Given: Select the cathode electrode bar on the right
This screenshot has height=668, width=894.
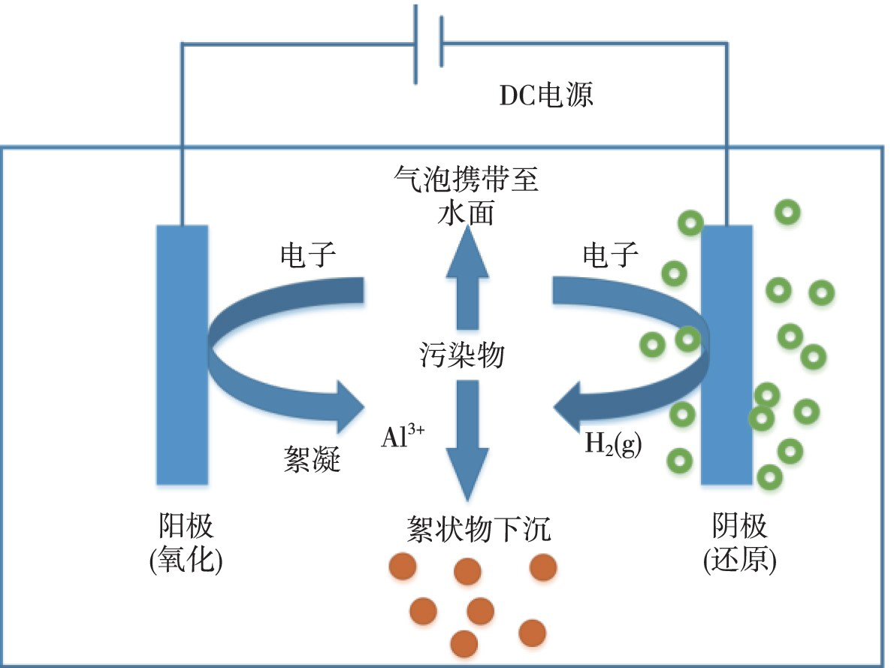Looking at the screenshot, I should [726, 354].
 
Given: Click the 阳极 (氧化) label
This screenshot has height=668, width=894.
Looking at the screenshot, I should [186, 543].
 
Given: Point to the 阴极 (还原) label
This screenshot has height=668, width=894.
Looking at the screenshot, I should [740, 543].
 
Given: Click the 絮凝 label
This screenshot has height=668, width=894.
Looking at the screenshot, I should [309, 458].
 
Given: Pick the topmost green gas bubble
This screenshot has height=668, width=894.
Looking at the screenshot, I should [787, 213].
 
